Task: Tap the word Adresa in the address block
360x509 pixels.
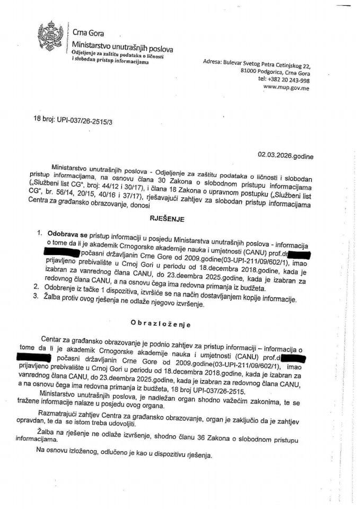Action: (214, 62)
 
